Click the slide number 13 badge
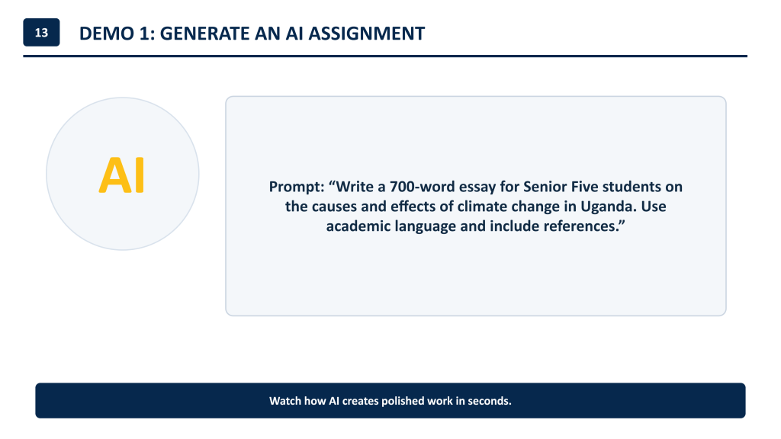click(41, 32)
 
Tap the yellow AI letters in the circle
click(122, 175)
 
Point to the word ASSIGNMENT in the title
click(367, 34)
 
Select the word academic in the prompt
click(358, 226)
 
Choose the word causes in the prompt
click(333, 207)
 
